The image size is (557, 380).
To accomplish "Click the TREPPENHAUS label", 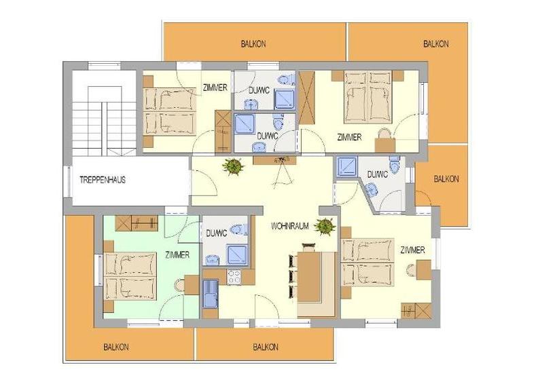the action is (x=103, y=180).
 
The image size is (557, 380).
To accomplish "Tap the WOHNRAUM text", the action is (x=290, y=226).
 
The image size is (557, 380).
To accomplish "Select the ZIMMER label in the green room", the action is (x=177, y=254).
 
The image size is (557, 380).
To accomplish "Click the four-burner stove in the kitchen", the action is (x=234, y=277).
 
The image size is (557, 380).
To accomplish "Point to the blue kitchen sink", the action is (x=211, y=294).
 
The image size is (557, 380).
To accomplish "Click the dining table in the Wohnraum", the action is (x=309, y=277).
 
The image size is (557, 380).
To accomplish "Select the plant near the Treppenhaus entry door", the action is (x=234, y=166).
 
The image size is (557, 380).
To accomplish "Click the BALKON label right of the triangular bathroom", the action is (x=446, y=179).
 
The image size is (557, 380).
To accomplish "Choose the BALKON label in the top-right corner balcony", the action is (x=435, y=44).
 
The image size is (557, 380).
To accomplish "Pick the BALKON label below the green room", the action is (x=116, y=347).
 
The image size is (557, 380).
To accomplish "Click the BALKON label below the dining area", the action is (x=266, y=347).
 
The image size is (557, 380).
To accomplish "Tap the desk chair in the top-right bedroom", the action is (x=384, y=134).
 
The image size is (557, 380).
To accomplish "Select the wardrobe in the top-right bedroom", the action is (x=306, y=98).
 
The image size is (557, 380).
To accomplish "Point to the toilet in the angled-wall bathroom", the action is (x=395, y=164).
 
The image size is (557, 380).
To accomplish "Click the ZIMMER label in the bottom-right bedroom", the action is (x=412, y=250).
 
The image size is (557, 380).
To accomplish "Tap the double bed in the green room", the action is (x=130, y=276).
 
